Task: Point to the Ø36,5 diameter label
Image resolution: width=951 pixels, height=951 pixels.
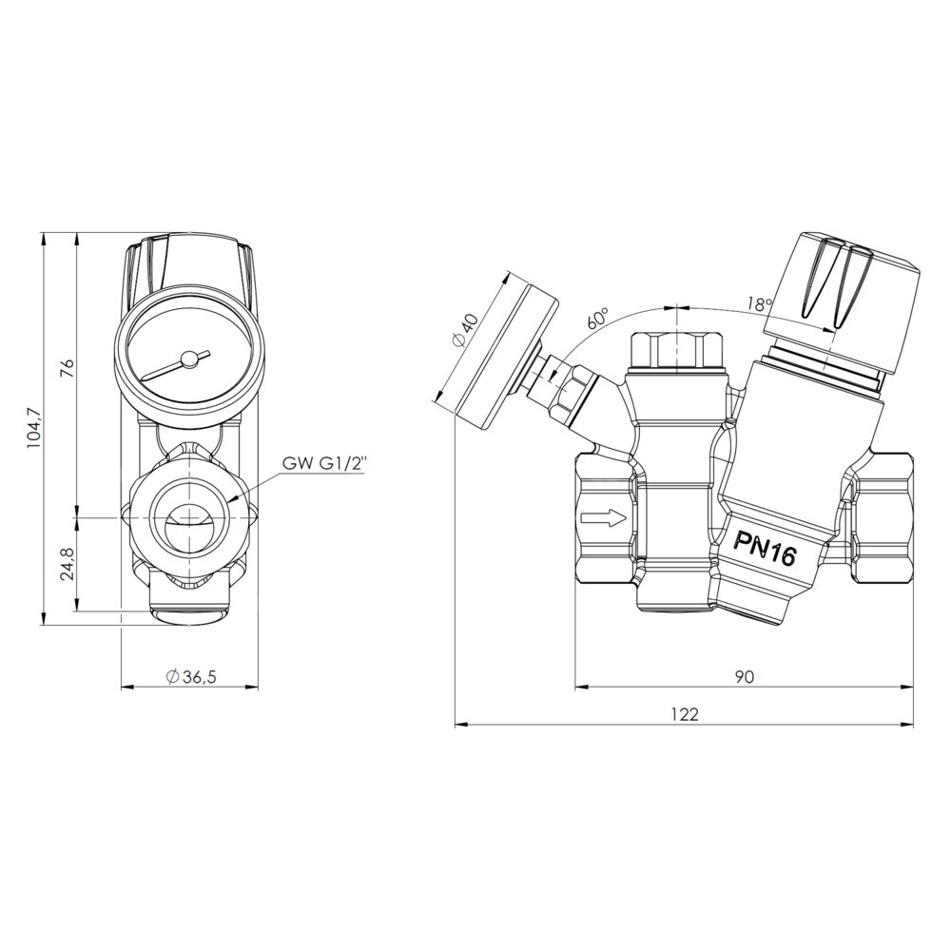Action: [190, 677]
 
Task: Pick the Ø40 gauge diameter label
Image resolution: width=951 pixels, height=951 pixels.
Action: [466, 331]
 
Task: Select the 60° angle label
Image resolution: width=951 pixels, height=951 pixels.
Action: [597, 320]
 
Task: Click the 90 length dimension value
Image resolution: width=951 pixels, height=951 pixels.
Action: [745, 677]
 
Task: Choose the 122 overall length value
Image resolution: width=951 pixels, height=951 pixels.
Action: [685, 714]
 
